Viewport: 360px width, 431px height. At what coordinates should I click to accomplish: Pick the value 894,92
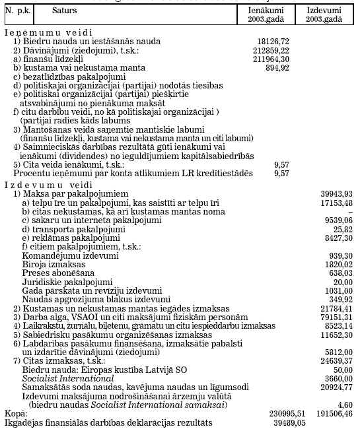click(x=277, y=67)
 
